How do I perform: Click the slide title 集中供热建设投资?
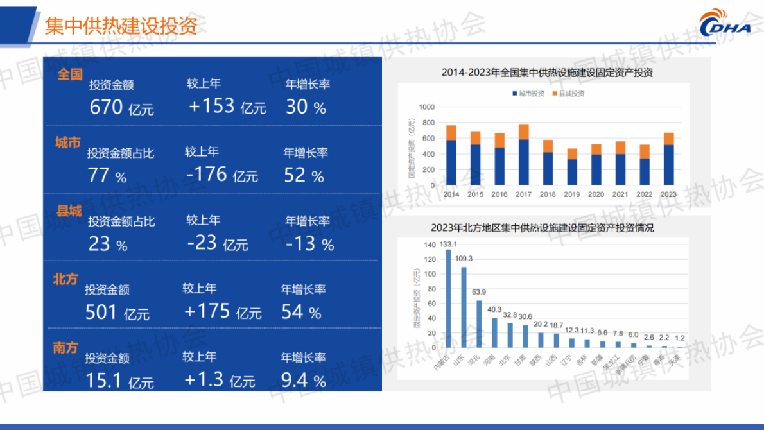[121, 26]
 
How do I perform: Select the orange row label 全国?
[71, 74]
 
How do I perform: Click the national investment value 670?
[107, 107]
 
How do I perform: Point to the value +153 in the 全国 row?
[212, 106]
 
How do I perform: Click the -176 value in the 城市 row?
[207, 174]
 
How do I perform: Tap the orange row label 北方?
[65, 279]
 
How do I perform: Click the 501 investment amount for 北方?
[102, 313]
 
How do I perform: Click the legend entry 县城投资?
[568, 94]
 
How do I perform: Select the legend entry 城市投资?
[528, 94]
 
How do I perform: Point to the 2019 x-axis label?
[572, 194]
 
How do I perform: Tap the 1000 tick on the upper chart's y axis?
[426, 107]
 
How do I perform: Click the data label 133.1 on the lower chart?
[447, 244]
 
